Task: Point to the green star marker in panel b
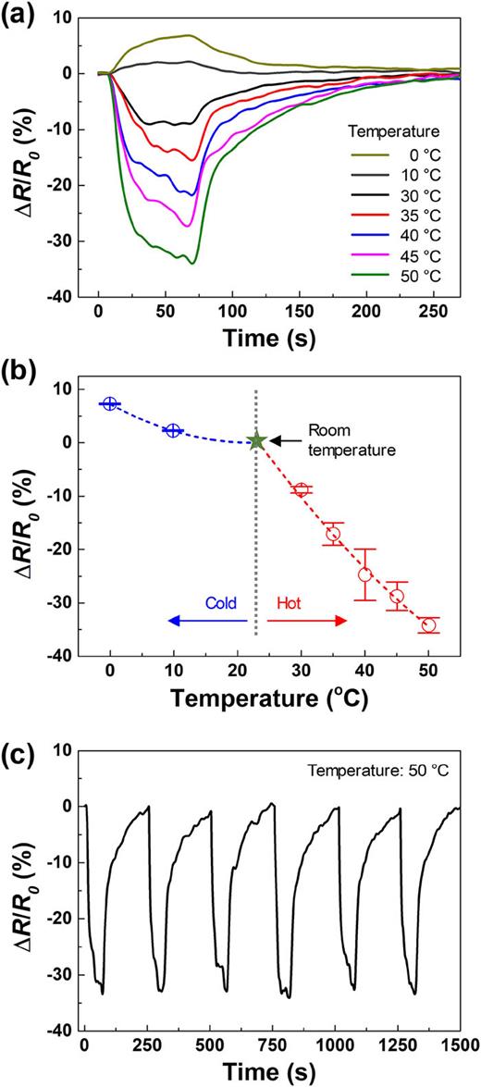click(256, 442)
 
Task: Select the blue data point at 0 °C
click(110, 403)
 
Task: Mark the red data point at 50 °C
click(428, 625)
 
